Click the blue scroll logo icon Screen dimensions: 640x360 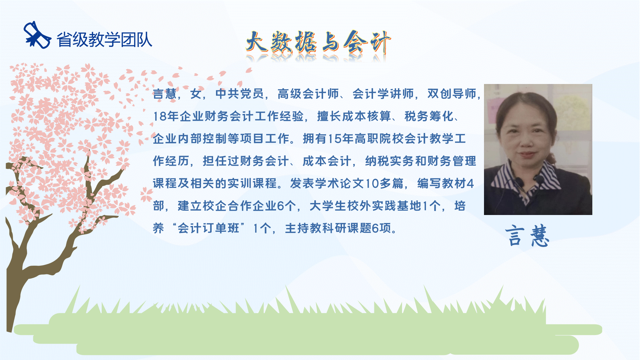pyautogui.click(x=37, y=35)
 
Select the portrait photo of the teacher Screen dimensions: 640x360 pyautogui.click(x=538, y=149)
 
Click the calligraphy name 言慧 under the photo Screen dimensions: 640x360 pyautogui.click(x=527, y=236)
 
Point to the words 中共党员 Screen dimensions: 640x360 pyautogui.click(x=240, y=94)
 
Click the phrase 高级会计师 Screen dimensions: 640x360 pyautogui.click(x=308, y=94)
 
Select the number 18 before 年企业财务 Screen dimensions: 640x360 pyautogui.click(x=160, y=116)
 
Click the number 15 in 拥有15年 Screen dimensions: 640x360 pyautogui.click(x=335, y=139)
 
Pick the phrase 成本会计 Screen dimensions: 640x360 pyautogui.click(x=327, y=161)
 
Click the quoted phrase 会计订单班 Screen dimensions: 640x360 pyautogui.click(x=208, y=228)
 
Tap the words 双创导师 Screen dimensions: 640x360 pyautogui.click(x=452, y=94)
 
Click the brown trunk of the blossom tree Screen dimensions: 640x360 pyautogui.click(x=18, y=267)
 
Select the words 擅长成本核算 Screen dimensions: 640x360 pyautogui.click(x=354, y=116)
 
